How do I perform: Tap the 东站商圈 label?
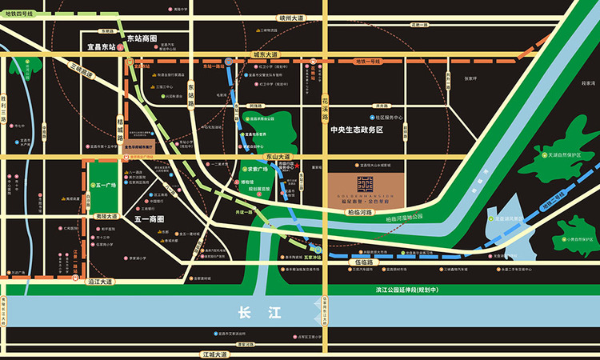pyautogui.click(x=142, y=38)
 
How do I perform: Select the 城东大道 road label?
pyautogui.click(x=265, y=54)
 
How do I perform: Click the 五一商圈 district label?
pyautogui.click(x=149, y=218)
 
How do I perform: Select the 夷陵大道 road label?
pyautogui.click(x=103, y=216)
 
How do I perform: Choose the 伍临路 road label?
pyautogui.click(x=362, y=261)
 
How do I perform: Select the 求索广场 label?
pyautogui.click(x=255, y=170)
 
